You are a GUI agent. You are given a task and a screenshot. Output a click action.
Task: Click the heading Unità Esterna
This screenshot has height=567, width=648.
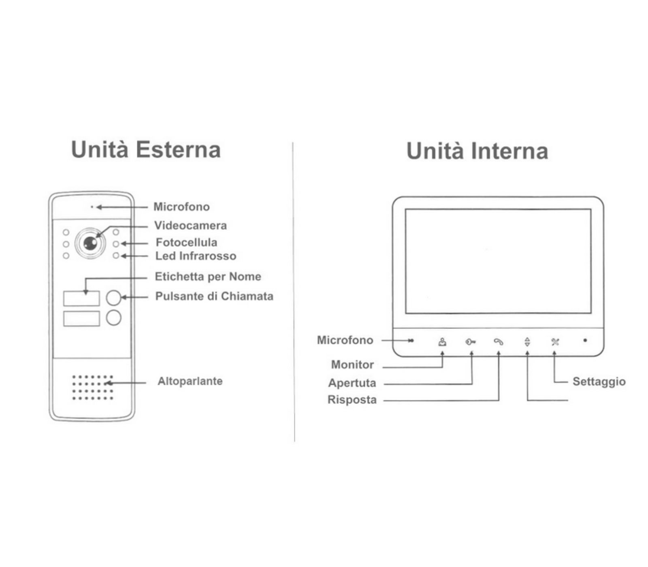coord(146,149)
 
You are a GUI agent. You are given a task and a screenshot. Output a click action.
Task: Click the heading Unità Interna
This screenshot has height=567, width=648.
coord(477,151)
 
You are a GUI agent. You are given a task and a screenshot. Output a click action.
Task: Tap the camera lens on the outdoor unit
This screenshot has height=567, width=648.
coord(90,243)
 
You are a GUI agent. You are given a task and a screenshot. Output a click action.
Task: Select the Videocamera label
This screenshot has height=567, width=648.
coord(190,226)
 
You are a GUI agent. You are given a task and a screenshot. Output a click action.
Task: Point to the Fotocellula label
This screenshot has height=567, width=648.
coord(186,243)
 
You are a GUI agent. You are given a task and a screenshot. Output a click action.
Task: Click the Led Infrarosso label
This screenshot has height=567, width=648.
coord(196,256)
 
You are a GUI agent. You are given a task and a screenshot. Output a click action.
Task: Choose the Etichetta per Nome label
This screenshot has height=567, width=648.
coord(208,277)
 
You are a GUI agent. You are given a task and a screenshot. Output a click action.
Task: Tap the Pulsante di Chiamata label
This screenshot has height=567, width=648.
coord(214,296)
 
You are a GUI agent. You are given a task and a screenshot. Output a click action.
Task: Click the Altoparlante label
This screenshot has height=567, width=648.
coord(190,381)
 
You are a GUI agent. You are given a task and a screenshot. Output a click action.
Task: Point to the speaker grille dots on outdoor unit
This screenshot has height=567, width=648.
coord(92,388)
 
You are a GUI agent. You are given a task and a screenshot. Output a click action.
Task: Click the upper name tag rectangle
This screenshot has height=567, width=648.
coord(81,298)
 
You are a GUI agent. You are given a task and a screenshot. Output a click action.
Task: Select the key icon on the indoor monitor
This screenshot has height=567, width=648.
coord(470,342)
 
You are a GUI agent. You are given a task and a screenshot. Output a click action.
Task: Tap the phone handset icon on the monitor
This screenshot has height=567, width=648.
coord(498,342)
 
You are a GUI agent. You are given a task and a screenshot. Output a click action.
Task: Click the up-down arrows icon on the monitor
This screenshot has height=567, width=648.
coord(527,342)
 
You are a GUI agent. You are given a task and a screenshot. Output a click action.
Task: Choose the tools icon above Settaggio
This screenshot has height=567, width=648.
coord(555,342)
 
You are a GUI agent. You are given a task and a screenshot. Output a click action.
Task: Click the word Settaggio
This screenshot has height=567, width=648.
coord(599,382)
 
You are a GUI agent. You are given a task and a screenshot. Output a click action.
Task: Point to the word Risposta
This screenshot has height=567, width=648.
coord(352,400)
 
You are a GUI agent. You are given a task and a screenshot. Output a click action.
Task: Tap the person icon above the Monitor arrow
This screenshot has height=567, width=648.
coord(442,342)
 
